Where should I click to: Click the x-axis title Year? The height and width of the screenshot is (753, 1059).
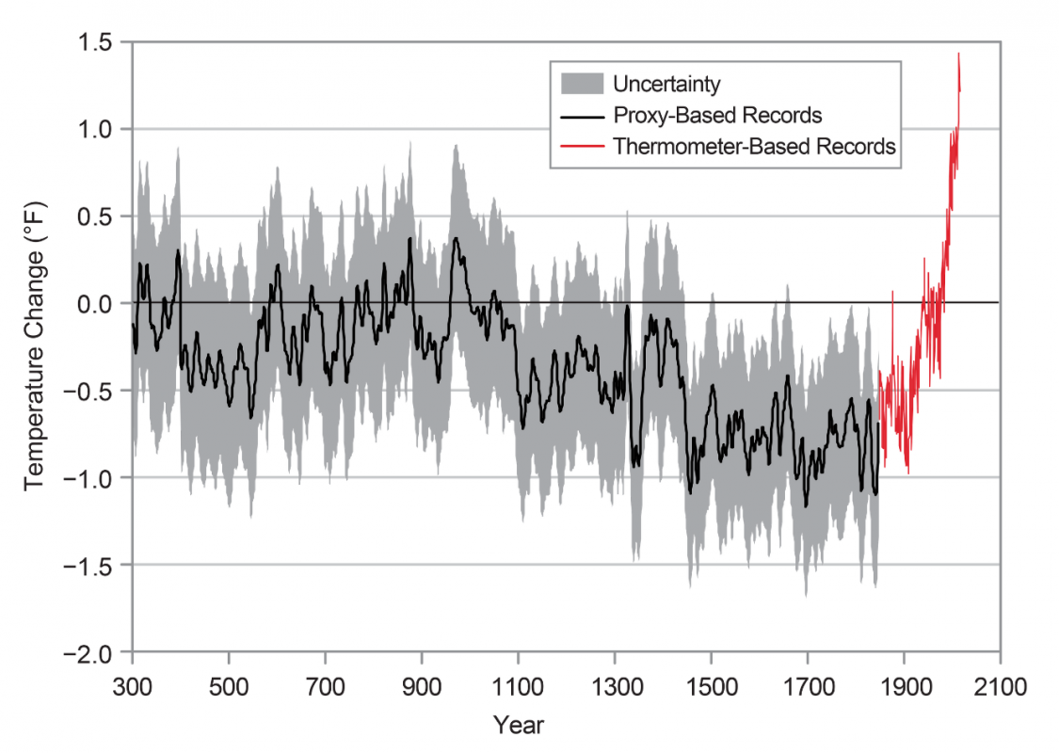pos(518,725)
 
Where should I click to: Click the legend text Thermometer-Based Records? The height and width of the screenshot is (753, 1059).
pos(754,147)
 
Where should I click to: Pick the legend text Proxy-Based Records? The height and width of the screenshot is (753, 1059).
pos(717,116)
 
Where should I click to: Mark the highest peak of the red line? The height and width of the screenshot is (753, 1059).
pos(958,54)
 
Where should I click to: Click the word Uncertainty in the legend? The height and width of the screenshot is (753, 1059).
pos(666,85)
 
